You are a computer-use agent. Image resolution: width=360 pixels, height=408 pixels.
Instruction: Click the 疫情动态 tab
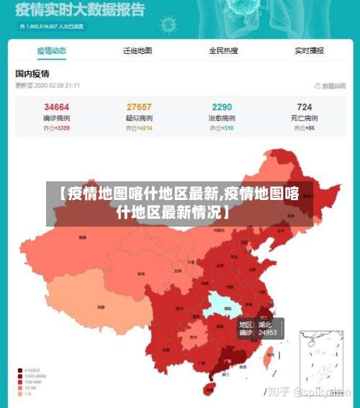coord(52,51)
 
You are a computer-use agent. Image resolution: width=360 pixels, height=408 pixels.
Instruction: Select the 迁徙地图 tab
coord(138,51)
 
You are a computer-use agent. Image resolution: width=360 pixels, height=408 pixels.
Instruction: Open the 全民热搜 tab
coord(223,51)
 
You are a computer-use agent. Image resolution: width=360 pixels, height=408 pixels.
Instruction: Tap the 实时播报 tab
coord(309,51)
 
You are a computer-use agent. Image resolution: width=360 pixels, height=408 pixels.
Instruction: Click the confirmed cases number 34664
coord(56,106)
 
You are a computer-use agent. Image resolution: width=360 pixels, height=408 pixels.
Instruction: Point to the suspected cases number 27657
coord(139,106)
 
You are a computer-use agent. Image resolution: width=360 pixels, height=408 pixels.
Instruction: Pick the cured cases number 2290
coord(222,106)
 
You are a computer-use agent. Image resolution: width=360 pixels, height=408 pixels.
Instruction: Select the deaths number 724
coord(304,106)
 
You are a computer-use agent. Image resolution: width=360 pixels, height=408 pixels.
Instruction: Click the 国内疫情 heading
coord(32,73)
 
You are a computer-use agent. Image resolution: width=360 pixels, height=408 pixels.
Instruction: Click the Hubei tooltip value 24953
coord(268,333)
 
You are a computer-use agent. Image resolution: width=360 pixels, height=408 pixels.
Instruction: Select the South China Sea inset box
coord(321,358)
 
